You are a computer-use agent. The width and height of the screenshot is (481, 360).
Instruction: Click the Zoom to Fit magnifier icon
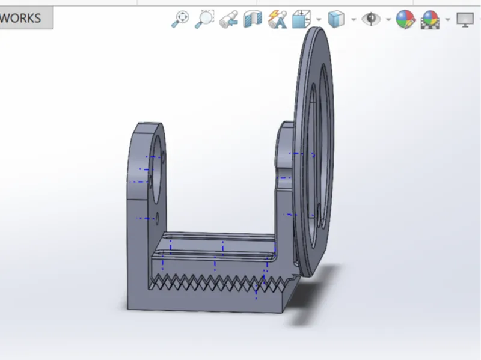point(180,19)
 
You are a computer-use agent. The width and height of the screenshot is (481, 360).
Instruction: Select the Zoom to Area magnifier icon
point(204,19)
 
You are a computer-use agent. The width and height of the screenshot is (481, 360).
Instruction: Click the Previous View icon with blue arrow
point(228,19)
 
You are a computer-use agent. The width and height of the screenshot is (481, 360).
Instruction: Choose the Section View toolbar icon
point(253,19)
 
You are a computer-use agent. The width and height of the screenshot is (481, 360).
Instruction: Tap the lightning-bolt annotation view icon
point(277,19)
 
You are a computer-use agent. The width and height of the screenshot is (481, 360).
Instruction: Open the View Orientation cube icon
point(302,19)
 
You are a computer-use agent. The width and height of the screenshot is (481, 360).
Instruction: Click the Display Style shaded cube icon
point(337,19)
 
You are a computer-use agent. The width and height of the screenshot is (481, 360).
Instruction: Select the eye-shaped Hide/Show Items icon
point(371,19)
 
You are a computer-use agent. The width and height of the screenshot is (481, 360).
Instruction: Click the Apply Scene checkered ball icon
point(430,19)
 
